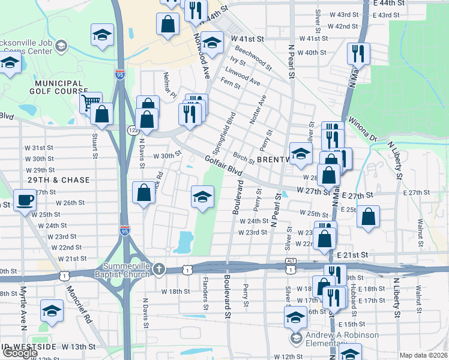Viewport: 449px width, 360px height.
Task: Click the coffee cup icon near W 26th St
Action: (25, 200)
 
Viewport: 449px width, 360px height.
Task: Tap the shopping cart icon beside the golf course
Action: (91, 103)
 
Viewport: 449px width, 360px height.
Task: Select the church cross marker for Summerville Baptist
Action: (158, 268)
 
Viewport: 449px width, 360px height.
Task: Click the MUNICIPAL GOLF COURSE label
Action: (58, 88)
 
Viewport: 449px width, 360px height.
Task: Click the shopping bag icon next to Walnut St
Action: (368, 217)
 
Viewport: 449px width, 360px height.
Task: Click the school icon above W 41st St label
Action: (211, 43)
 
